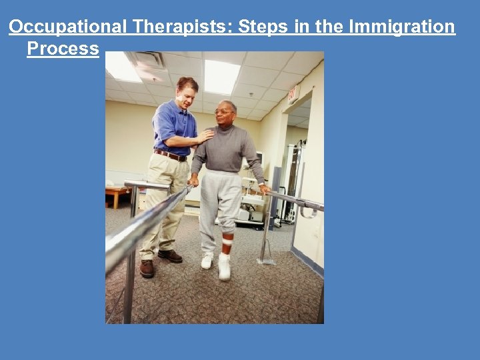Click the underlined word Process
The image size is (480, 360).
point(63,49)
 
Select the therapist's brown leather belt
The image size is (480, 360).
point(171,155)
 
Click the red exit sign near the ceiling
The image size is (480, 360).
point(293,94)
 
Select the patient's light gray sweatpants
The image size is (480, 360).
point(221,200)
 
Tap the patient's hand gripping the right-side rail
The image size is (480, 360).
point(265,189)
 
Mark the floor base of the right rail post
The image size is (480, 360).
point(265,261)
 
